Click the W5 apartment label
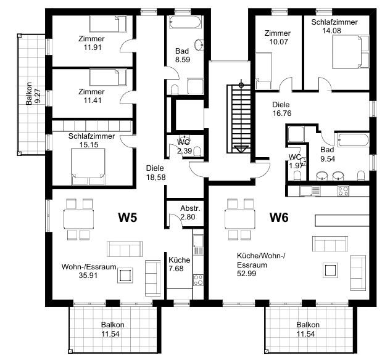pyautogui.click(x=127, y=218)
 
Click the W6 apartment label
pyautogui.click(x=279, y=218)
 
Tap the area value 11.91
pyautogui.click(x=93, y=47)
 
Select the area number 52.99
pyautogui.click(x=246, y=273)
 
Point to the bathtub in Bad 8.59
pyautogui.click(x=185, y=22)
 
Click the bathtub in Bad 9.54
pyautogui.click(x=353, y=141)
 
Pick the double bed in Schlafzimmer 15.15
pyautogui.click(x=88, y=166)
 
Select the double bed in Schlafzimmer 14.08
pyautogui.click(x=351, y=52)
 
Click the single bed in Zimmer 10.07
pyautogui.click(x=263, y=71)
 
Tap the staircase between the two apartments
pyautogui.click(x=239, y=119)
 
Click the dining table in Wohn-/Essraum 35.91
pyautogui.click(x=78, y=219)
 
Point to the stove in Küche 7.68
pyautogui.click(x=198, y=280)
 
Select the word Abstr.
pyautogui.click(x=190, y=208)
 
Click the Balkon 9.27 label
pyautogui.click(x=33, y=94)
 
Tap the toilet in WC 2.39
pyautogui.click(x=197, y=152)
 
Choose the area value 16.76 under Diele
pyautogui.click(x=282, y=113)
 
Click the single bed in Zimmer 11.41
pyautogui.click(x=108, y=77)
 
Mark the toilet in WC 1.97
pyautogui.click(x=297, y=176)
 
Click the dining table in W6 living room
pyautogui.click(x=240, y=219)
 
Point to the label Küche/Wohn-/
pyautogui.click(x=261, y=256)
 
